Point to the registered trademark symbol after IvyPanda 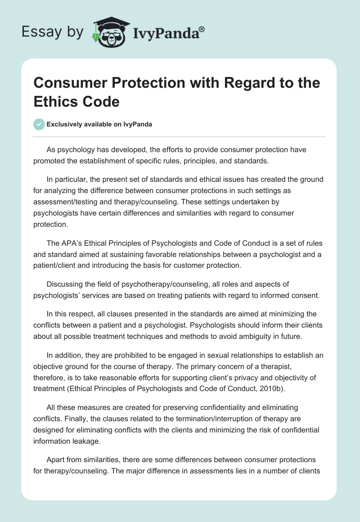(202, 29)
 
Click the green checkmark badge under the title (40, 125)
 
